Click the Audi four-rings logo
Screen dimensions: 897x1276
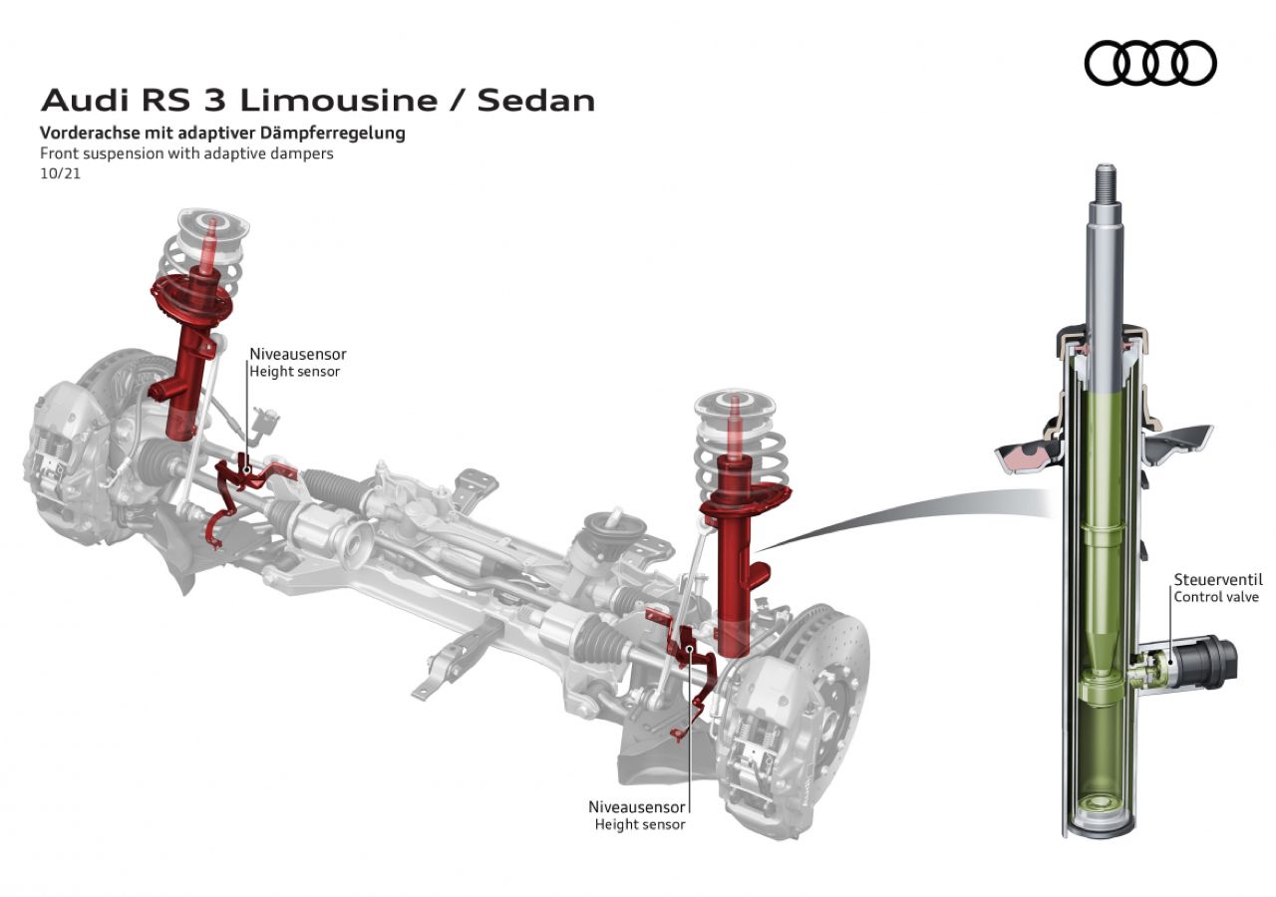point(1150,63)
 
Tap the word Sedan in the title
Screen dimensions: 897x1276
point(536,100)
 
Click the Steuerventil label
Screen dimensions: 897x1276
point(1217,579)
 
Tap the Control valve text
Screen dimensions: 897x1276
point(1216,597)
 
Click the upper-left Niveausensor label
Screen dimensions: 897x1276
point(298,354)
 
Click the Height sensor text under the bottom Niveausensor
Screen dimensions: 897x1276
point(640,824)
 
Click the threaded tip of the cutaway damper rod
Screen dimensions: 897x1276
point(1107,182)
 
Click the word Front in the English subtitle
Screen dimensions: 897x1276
point(60,153)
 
